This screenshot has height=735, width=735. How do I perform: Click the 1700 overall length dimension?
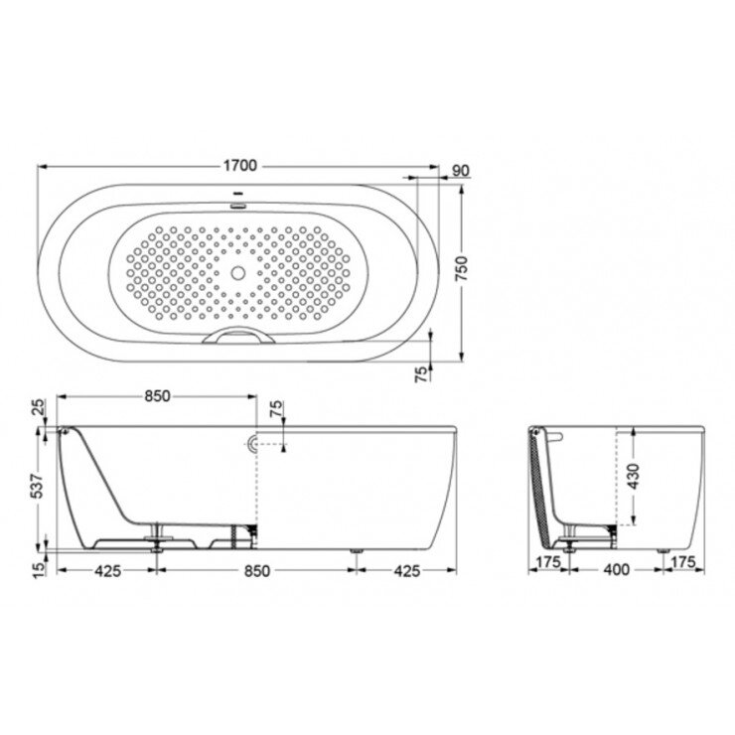pyautogui.click(x=237, y=165)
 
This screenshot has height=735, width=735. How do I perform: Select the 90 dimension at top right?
pyautogui.click(x=460, y=171)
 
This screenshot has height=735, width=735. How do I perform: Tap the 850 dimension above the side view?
pyautogui.click(x=158, y=395)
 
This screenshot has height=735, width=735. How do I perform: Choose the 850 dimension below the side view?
pyautogui.click(x=256, y=571)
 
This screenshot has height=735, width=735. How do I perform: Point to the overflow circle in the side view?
pyautogui.click(x=252, y=443)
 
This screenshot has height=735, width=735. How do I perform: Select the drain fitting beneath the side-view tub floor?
pyautogui.click(x=156, y=537)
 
